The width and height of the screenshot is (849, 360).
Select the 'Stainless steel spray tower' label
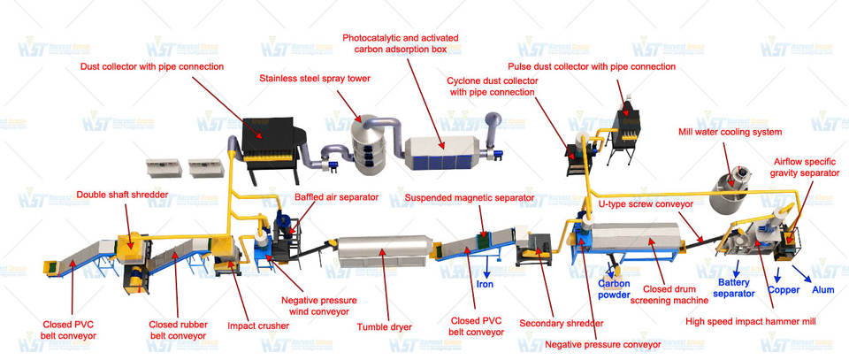coord(314,78)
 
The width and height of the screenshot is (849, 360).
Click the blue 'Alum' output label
coord(822,289)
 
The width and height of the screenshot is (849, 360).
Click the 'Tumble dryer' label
coord(381,326)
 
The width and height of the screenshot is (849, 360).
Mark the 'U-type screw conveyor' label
coord(646,203)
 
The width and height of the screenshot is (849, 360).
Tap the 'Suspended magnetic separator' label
coord(470,197)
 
